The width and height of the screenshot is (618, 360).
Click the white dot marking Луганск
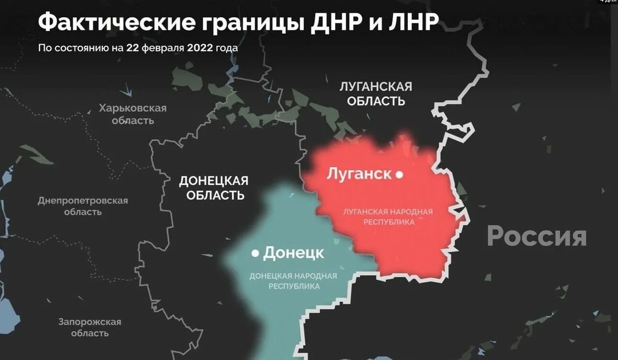click(x=399, y=175)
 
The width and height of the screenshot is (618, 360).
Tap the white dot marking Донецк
click(x=256, y=252)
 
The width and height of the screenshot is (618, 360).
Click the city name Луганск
click(x=359, y=174)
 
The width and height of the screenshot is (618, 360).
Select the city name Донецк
click(x=293, y=253)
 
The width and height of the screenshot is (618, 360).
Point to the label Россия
click(x=537, y=236)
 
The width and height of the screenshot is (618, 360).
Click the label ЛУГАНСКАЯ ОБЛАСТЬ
click(x=376, y=94)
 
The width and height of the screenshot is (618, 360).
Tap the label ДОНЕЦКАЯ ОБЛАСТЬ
click(x=213, y=188)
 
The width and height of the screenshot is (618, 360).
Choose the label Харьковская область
click(x=133, y=114)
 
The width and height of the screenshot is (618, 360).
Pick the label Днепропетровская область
click(x=83, y=206)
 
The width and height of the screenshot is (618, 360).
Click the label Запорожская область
click(x=90, y=327)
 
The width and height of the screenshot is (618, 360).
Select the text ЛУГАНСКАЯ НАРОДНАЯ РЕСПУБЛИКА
click(x=388, y=217)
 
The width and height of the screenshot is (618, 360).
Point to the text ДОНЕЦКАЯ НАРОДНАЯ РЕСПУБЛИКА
click(x=293, y=281)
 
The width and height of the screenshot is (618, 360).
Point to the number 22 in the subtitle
click(x=132, y=48)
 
